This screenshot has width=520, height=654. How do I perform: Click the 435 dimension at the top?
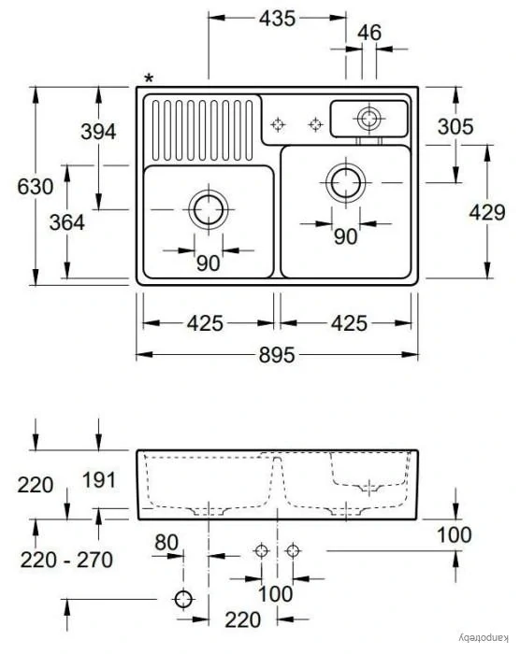tap(277, 19)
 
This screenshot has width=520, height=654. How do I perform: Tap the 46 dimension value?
tap(369, 33)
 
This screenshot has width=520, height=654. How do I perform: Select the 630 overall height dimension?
tap(36, 187)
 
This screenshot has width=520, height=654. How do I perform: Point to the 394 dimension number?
tap(98, 132)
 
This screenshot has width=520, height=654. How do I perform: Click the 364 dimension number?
tap(66, 222)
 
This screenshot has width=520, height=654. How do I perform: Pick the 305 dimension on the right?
tap(455, 126)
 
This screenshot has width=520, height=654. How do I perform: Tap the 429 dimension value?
tap(487, 212)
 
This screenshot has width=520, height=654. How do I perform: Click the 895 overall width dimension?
tap(277, 355)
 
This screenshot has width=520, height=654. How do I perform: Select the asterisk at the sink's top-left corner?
tap(149, 78)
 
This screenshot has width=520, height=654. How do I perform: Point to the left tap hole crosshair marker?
tap(278, 124)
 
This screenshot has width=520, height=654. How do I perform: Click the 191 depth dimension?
tap(98, 479)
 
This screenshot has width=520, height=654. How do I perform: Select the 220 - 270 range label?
tap(66, 560)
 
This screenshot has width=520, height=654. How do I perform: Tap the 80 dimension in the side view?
tap(166, 542)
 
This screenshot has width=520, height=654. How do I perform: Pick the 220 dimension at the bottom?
tap(242, 619)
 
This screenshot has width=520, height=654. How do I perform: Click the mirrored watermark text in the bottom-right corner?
tap(484, 638)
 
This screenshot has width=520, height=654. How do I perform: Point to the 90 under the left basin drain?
tap(208, 263)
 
